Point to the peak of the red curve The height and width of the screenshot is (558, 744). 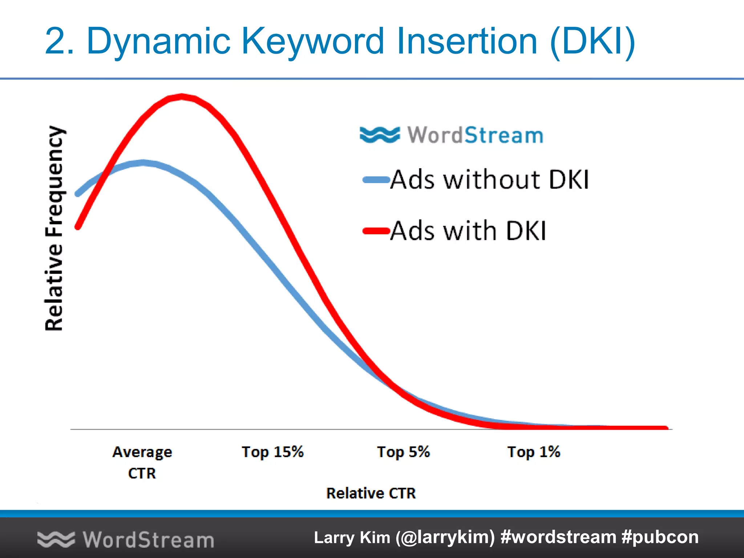click(182, 96)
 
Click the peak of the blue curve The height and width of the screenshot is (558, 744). click(143, 162)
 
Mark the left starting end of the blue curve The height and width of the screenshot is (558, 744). click(77, 194)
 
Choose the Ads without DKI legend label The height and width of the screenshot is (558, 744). click(489, 179)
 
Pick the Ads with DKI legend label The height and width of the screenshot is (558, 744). click(468, 231)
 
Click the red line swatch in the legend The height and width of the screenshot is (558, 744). click(376, 231)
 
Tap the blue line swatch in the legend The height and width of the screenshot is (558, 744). click(376, 179)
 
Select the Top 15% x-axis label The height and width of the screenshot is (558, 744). click(272, 452)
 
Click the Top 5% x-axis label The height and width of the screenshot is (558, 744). click(403, 452)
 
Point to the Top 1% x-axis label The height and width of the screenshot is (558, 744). click(534, 452)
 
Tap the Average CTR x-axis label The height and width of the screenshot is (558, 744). click(142, 462)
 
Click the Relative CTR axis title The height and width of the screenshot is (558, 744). click(371, 493)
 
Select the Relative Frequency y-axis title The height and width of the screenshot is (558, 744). click(54, 228)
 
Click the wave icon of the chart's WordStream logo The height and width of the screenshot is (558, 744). click(380, 135)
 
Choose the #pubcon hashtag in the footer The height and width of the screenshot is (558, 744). click(660, 537)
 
